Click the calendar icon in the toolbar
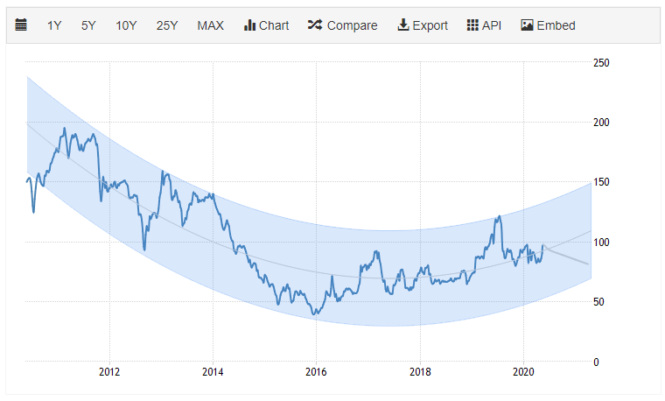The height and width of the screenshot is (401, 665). pos(21,25)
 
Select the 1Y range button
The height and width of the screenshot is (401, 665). pos(54,25)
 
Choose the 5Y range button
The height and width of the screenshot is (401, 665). pos(88,25)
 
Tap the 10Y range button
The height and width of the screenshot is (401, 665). pos(126,25)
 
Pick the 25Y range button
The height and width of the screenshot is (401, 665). pos(167,25)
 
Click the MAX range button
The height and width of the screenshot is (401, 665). pos(210,25)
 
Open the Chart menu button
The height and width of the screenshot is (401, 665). pos(266,25)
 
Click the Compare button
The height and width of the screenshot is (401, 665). pos(342,25)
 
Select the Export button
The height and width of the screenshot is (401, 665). pos(423,25)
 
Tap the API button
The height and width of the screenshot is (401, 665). pos(485,25)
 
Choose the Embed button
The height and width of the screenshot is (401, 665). pos(548,25)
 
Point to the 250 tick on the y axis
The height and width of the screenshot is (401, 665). pos(601,63)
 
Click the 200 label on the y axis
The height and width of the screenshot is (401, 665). pos(601,123)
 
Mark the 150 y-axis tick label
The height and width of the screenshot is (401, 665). pos(601,182)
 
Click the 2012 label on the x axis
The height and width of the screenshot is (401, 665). pos(109,371)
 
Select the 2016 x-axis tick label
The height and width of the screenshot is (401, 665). pos(317,371)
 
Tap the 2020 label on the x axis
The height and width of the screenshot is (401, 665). pos(523,371)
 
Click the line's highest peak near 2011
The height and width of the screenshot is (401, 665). pos(64,129)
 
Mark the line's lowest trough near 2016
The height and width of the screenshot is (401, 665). pos(313,314)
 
